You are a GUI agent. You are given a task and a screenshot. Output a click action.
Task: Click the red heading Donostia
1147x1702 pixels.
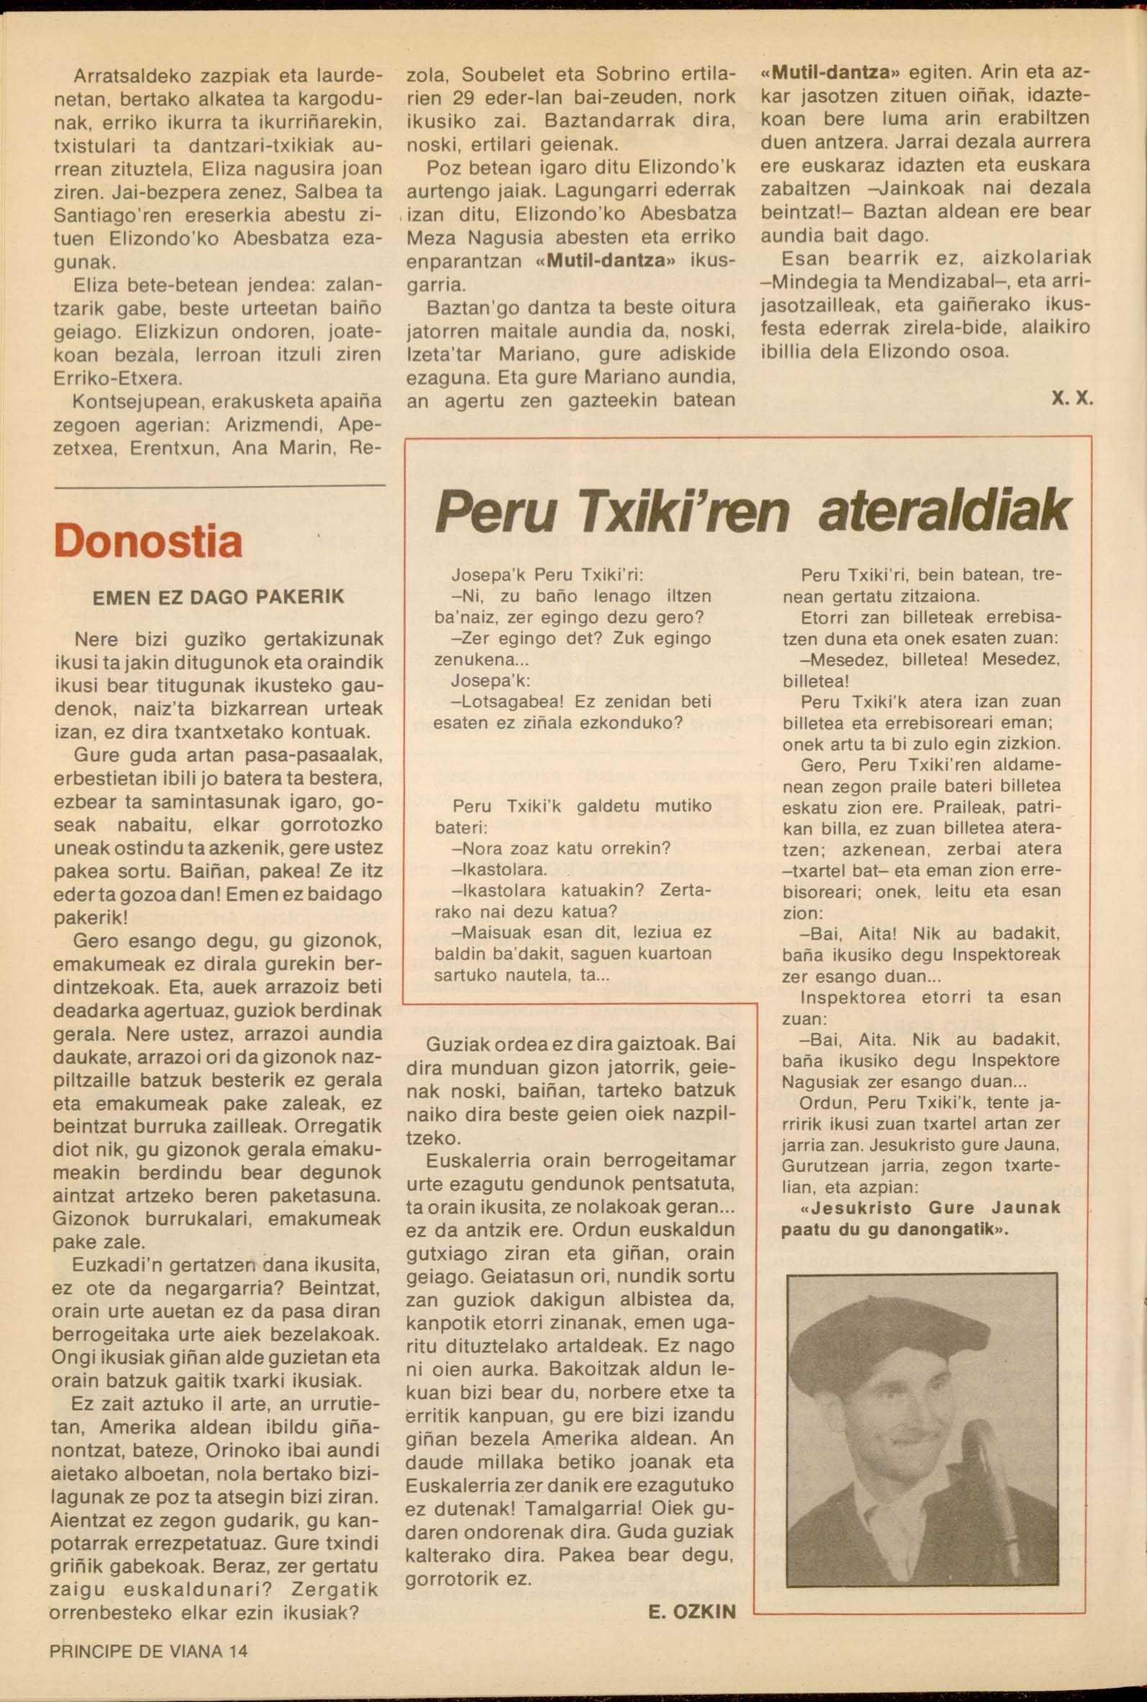[148, 542]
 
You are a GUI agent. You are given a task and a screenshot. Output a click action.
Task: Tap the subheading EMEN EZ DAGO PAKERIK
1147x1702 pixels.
[219, 597]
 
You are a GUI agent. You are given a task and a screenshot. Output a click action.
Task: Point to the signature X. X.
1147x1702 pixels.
[1071, 401]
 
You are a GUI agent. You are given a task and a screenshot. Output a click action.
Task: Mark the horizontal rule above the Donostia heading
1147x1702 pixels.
[220, 487]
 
